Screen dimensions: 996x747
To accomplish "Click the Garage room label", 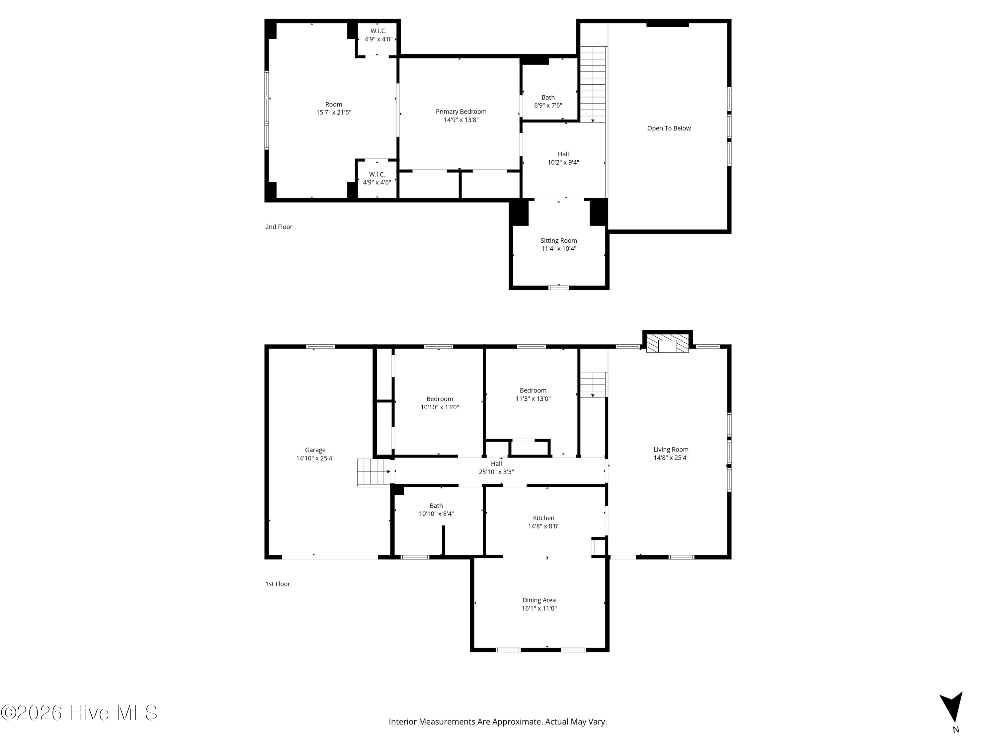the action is (315, 450).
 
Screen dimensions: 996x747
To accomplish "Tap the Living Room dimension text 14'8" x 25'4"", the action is (671, 458).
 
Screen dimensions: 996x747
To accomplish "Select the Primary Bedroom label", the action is (461, 112).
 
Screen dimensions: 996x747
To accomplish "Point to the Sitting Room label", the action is (559, 240).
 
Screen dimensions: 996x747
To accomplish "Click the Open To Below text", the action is (669, 128).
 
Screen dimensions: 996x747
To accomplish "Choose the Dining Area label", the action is (539, 600).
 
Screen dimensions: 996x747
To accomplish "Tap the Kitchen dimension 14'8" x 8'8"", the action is (543, 526).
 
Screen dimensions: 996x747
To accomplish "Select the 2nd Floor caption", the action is (279, 227).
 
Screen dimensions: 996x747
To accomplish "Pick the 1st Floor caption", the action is (277, 584).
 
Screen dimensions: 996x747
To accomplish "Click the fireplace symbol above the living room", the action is (667, 343).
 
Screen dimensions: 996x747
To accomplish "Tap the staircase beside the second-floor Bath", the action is (593, 84).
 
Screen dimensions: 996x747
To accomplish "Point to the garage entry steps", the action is (374, 472).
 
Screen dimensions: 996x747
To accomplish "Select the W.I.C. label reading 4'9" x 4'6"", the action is (377, 178).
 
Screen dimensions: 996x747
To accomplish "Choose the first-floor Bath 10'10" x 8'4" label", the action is (436, 510).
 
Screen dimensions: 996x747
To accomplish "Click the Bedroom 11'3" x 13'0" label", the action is (533, 394).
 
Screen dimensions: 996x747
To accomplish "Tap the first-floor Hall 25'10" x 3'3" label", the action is (496, 468).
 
